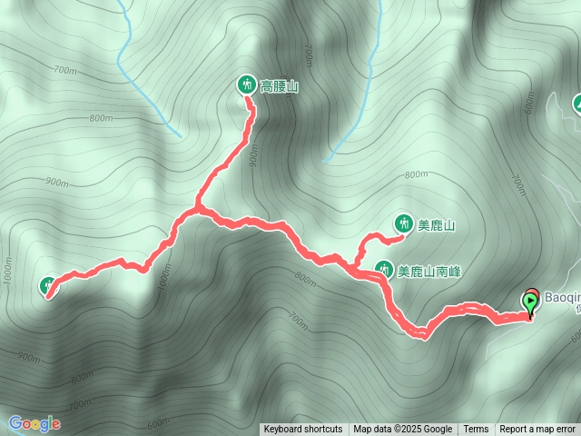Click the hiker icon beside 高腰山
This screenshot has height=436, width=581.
pyautogui.click(x=246, y=85)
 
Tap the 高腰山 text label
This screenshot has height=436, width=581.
pyautogui.click(x=280, y=86)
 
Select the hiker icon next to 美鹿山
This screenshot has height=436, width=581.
pyautogui.click(x=403, y=223)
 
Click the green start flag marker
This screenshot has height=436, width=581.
pyautogui.click(x=530, y=302)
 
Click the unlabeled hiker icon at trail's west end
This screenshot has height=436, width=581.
pyautogui.click(x=49, y=286)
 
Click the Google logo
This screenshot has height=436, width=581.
pyautogui.click(x=34, y=423)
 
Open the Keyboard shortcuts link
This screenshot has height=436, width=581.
pyautogui.click(x=303, y=430)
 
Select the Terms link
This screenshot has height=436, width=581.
pyautogui.click(x=476, y=430)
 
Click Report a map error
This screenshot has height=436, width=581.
pyautogui.click(x=537, y=430)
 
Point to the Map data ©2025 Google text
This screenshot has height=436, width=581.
pyautogui.click(x=403, y=430)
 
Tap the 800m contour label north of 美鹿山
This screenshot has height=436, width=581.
pyautogui.click(x=416, y=174)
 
